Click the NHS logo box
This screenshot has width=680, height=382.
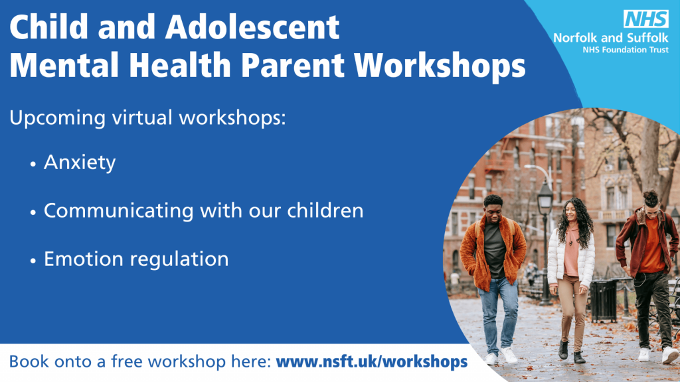coord(645,19)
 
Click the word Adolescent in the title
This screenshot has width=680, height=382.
coord(252,27)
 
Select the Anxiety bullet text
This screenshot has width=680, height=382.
coord(80,163)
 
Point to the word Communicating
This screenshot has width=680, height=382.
coord(119,212)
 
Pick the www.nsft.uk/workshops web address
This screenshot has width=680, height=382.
coord(372,361)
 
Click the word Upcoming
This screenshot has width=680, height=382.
coord(58,118)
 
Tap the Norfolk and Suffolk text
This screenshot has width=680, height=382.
coord(611,38)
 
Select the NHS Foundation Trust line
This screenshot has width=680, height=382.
coord(626,50)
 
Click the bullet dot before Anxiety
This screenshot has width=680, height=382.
coord(33,164)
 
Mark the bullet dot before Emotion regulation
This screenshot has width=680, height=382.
coord(33,261)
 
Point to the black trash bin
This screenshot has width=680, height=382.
coord(603,300)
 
